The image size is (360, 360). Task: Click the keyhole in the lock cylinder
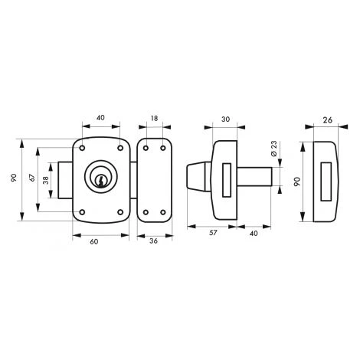[100, 181]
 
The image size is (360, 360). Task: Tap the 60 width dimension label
[94, 241]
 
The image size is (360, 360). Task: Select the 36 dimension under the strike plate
[153, 241]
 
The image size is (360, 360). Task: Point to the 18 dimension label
[154, 118]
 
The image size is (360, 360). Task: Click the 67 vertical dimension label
[32, 178]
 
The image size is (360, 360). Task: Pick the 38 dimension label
[46, 181]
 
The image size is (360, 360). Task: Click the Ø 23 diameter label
[273, 149]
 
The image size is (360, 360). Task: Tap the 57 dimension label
[213, 233]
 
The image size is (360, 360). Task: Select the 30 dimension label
[225, 119]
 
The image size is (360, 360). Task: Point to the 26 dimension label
[327, 119]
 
